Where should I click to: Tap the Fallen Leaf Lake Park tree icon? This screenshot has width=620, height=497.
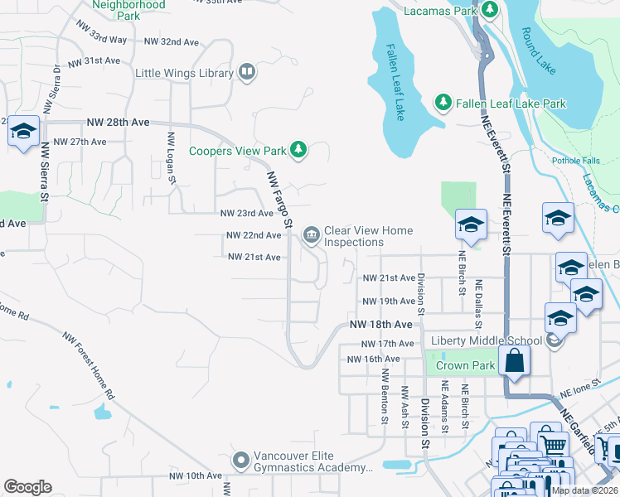point(443,104)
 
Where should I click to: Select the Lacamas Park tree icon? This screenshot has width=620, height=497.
point(490,11)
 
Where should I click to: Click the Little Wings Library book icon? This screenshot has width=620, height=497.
point(246,74)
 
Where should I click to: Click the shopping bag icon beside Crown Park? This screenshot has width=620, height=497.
point(515,361)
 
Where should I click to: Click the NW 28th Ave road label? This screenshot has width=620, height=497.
point(118,122)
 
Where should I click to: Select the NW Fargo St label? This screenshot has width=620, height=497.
point(279,200)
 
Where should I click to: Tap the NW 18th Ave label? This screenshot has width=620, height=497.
point(380,324)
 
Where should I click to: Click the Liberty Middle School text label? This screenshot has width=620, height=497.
point(486,340)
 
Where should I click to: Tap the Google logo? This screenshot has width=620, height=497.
point(27,486)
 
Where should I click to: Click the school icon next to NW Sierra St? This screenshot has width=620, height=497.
point(23,132)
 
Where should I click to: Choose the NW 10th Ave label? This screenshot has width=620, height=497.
point(196,476)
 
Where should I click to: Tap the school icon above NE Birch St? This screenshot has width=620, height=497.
point(470,225)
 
